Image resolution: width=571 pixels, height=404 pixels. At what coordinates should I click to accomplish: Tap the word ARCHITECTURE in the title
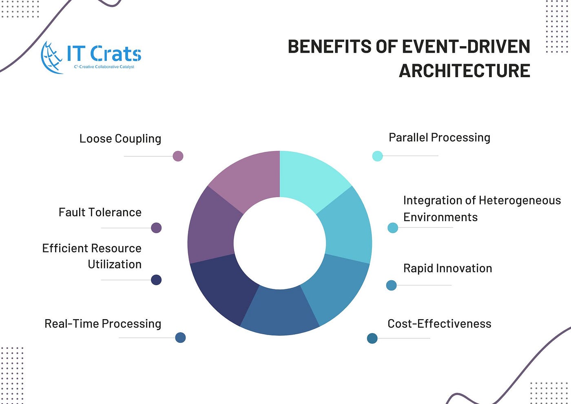[x=465, y=71]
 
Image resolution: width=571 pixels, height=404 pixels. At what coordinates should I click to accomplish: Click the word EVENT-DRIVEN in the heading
[x=466, y=47]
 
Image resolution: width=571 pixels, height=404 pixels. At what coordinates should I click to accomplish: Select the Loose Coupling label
[x=120, y=139]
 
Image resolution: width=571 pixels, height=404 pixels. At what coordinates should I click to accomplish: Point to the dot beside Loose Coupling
[x=178, y=156]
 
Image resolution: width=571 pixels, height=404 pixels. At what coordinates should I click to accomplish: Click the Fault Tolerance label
[x=100, y=212]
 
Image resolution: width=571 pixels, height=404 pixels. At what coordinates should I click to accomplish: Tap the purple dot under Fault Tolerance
[x=156, y=228]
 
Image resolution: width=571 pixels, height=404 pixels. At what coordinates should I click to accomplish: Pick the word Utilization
[x=115, y=264]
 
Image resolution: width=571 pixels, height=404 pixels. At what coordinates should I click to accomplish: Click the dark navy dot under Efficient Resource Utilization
[x=156, y=280]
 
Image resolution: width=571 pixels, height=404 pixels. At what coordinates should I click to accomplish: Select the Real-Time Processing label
[x=103, y=324]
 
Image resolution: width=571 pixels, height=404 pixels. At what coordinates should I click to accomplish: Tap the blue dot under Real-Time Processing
[x=180, y=338]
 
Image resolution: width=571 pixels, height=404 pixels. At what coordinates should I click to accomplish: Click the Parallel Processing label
[x=440, y=138]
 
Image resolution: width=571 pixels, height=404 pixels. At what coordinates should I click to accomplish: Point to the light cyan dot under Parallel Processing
[x=378, y=156]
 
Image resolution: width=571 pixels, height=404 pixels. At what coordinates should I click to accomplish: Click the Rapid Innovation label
[x=448, y=269]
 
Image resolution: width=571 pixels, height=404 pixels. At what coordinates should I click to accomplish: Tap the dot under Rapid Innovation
[x=391, y=285]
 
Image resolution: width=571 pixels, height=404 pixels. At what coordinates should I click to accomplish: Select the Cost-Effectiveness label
[x=439, y=324]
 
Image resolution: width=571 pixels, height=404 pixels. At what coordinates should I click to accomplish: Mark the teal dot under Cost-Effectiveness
[x=372, y=338]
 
